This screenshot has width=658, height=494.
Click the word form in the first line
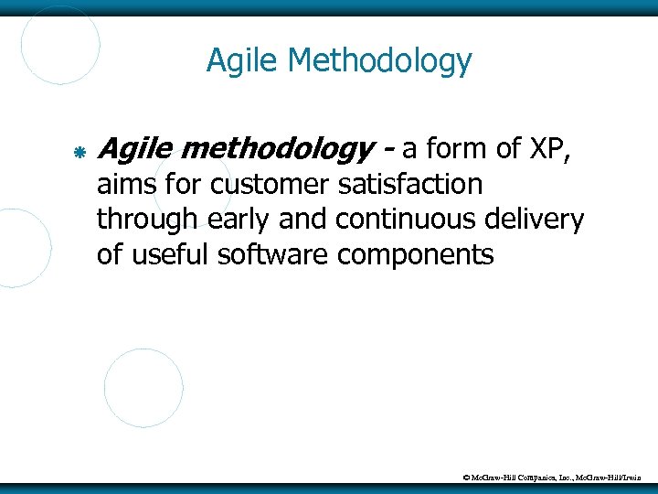pyautogui.click(x=451, y=147)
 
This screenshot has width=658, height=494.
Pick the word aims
pyautogui.click(x=128, y=184)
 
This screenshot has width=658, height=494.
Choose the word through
pyautogui.click(x=146, y=220)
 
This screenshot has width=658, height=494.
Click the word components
pyautogui.click(x=416, y=255)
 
